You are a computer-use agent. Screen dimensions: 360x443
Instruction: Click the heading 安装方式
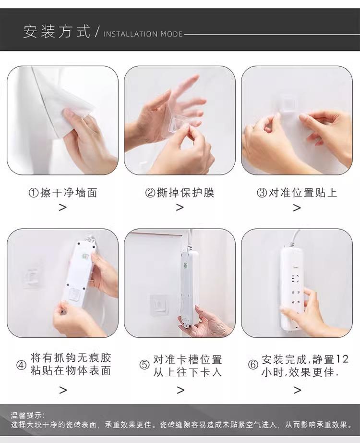pyautogui.click(x=57, y=31)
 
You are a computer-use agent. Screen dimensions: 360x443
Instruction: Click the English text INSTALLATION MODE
pyautogui.click(x=143, y=34)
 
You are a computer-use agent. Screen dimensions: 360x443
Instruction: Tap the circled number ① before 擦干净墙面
pyautogui.click(x=34, y=193)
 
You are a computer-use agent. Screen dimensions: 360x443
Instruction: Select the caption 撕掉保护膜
pyautogui.click(x=185, y=193)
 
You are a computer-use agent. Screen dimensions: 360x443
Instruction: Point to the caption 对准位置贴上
pyautogui.click(x=303, y=193)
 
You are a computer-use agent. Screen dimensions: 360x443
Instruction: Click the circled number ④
pyautogui.click(x=22, y=365)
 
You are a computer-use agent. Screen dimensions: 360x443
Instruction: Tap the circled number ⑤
pyautogui.click(x=144, y=365)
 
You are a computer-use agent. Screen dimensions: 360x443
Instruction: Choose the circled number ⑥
pyautogui.click(x=253, y=365)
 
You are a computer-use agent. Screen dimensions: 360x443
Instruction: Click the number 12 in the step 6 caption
pyautogui.click(x=342, y=359)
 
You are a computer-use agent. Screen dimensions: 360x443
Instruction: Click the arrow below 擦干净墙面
pyautogui.click(x=63, y=208)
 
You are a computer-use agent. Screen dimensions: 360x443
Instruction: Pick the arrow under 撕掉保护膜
pyautogui.click(x=180, y=208)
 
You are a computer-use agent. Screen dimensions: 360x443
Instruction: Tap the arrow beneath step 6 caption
pyautogui.click(x=297, y=390)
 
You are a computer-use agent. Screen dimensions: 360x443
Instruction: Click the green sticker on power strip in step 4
pyautogui.click(x=85, y=257)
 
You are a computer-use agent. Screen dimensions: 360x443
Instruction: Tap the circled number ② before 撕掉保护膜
pyautogui.click(x=150, y=193)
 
